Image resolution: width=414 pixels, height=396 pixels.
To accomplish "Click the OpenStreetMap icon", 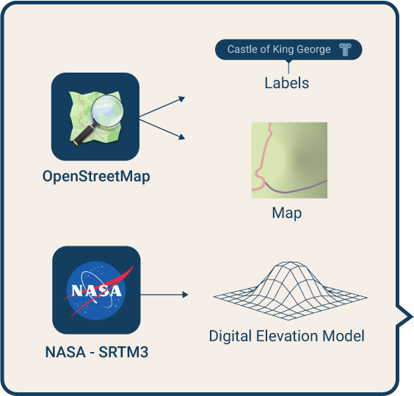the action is [95, 117].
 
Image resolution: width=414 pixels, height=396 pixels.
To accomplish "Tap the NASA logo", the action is [96, 290].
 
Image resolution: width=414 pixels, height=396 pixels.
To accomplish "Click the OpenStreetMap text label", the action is [96, 176].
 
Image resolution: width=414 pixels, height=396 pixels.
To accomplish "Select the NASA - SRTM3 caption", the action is [97, 352].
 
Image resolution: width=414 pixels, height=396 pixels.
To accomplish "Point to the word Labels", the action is [287, 83].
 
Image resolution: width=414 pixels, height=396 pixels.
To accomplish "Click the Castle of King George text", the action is [279, 49].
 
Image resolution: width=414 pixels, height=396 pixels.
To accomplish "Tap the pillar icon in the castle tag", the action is [345, 50].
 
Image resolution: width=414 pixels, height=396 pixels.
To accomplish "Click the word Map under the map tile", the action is [287, 213].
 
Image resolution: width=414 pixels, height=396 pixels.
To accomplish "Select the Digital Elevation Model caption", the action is [287, 336].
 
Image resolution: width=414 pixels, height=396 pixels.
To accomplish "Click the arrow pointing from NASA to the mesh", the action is [164, 294].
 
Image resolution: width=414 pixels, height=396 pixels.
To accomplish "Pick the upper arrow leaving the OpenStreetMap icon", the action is [161, 107].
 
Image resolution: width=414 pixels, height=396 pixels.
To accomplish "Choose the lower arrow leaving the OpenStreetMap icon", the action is [161, 129].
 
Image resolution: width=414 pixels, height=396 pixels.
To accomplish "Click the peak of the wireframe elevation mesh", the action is [290, 263].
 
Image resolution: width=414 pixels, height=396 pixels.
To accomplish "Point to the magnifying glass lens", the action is [108, 111].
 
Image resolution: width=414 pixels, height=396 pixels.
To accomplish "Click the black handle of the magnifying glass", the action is [83, 134].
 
